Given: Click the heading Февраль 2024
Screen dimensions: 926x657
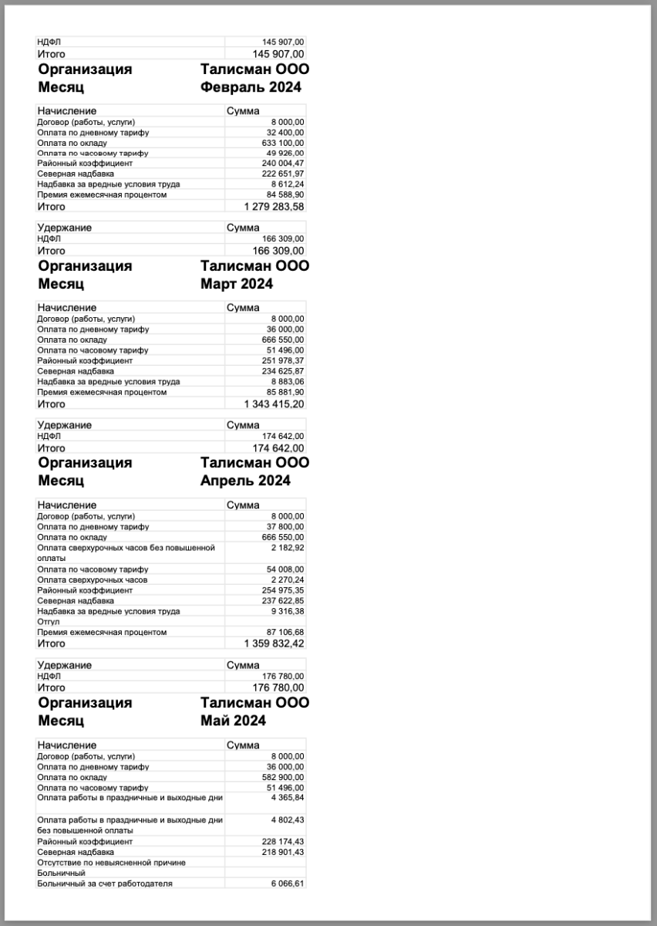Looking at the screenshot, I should pos(251,87).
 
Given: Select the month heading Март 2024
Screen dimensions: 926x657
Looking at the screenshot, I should pos(237,284).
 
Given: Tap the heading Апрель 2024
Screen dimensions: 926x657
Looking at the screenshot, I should pos(245,481).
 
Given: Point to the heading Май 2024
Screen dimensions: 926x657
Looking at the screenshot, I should pos(233,721).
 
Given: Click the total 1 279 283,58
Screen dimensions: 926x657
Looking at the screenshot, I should pos(275,207).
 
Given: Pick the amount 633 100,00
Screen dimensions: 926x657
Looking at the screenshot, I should pos(284,143).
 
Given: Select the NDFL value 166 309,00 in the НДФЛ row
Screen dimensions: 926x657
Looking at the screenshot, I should pos(284,238).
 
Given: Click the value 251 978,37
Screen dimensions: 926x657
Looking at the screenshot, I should pos(284,360).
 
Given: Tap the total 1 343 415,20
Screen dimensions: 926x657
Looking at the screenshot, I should pos(275,404).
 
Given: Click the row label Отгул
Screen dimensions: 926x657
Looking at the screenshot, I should pos(49,621).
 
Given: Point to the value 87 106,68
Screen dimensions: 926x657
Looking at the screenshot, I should pos(286,632).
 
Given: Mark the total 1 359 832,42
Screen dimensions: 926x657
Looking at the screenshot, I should pos(275,644).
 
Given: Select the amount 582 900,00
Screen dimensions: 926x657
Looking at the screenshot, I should pos(284,777).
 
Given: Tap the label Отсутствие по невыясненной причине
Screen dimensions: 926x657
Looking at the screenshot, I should pos(112,862).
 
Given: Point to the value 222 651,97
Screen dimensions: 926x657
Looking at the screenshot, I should pos(284,174).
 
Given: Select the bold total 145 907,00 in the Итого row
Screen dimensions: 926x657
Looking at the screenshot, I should pos(279,54).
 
